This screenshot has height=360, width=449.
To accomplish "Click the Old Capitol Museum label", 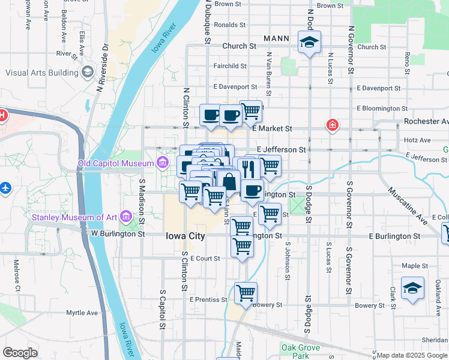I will click(116, 163).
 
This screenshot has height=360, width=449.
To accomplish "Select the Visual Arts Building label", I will click(42, 73).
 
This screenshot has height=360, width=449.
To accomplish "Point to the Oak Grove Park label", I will click(295, 351).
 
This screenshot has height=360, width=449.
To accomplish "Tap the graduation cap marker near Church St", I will click(309, 43).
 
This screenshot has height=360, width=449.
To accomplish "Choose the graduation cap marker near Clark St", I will click(412, 289).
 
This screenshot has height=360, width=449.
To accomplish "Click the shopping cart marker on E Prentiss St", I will click(246, 293).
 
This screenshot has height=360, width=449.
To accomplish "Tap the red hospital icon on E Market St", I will click(331, 126).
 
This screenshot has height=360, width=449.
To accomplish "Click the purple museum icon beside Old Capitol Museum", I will click(162, 163).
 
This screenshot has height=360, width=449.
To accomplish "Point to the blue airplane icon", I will click(6, 188).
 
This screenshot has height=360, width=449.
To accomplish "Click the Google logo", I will click(20, 353).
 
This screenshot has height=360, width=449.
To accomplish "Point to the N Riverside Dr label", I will click(101, 66).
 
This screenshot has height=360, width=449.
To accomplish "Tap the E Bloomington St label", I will click(382, 109).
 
